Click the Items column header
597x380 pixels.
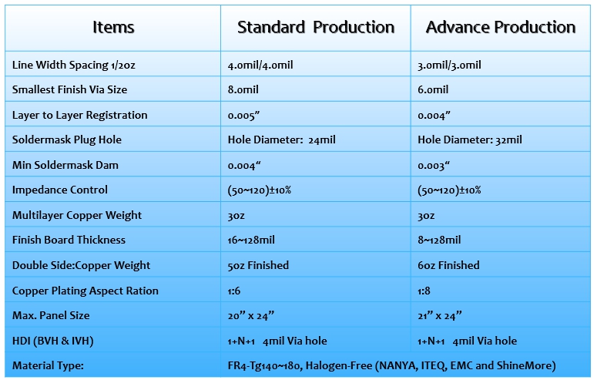coord(113,28)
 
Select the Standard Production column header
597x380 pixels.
coord(316,28)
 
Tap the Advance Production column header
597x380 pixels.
coord(500,28)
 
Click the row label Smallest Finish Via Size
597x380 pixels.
coord(69,89)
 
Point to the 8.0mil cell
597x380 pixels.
coord(243,89)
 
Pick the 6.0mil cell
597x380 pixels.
coord(433,89)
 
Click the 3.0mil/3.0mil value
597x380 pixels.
coord(449,66)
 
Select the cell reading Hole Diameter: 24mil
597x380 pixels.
coord(281,140)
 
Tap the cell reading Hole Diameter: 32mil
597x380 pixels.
coord(469,140)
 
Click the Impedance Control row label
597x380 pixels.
coord(60,190)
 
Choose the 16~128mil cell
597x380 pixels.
coord(251,240)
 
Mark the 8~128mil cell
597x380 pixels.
coord(439,240)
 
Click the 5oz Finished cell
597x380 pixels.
coord(258,265)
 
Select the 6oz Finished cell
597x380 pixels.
coord(448,265)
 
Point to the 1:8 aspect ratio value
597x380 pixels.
coord(424,291)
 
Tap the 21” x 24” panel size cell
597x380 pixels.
coord(439,315)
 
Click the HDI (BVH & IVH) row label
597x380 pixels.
coord(53,341)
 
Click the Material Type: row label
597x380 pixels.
coord(48,366)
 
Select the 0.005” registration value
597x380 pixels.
coord(243,115)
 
